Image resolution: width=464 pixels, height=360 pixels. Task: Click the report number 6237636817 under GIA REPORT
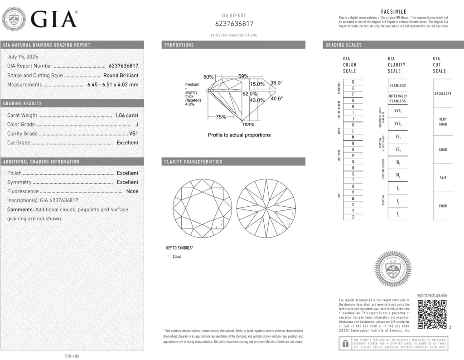pos(234,24)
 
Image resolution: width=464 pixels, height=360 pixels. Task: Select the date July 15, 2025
pos(23,57)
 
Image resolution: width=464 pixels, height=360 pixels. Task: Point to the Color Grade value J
pos(136,124)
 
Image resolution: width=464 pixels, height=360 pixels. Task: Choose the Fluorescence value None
pos(132,191)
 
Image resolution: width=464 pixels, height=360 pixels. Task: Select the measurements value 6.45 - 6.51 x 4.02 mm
pos(113,84)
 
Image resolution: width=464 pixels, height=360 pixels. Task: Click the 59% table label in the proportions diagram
pos(243,76)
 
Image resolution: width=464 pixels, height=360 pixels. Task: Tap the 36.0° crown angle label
pos(276,83)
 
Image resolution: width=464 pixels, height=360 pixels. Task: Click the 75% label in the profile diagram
pos(221,117)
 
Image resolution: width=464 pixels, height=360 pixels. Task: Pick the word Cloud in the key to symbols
pos(177,257)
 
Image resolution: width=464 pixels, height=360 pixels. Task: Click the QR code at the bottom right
pos(432,314)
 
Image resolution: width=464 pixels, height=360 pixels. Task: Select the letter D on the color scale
pos(353,82)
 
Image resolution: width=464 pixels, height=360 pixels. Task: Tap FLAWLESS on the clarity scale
pos(398,85)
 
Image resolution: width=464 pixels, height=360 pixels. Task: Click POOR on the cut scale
pos(443,206)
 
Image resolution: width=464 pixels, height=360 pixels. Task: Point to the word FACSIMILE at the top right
pos(394,12)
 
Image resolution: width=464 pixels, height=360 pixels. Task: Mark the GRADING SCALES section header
pos(343,45)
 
